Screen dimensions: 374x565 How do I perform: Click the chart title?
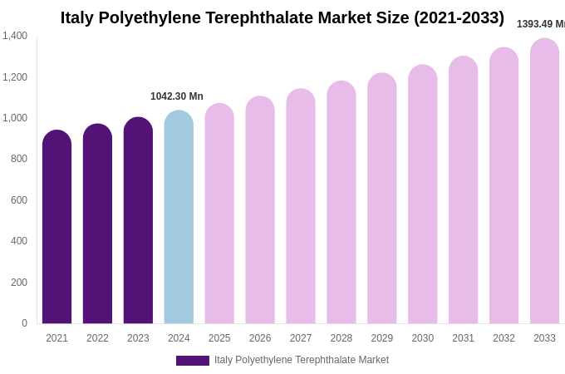pos(282,17)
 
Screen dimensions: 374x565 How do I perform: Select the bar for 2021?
pos(56,229)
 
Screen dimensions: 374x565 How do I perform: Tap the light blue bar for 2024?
pos(179,218)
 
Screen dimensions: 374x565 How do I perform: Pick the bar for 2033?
pos(544,183)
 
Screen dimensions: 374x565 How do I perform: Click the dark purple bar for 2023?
pos(138,221)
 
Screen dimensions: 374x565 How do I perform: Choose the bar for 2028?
pos(341,204)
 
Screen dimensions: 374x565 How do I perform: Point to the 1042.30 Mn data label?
pos(177,96)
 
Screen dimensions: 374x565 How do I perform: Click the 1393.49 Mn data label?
pos(540,24)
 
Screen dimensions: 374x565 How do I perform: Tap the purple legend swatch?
pos(192,361)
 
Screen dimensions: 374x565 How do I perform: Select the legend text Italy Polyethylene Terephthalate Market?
pos(302,360)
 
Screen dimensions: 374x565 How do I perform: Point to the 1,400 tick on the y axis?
pos(15,36)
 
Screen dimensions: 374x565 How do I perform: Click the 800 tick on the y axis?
pos(19,159)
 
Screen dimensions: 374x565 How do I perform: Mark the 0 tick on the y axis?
pos(24,323)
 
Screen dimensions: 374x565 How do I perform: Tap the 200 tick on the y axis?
pos(19,283)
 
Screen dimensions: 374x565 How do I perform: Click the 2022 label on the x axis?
pos(97,338)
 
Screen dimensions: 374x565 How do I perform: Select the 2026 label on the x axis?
pos(260,338)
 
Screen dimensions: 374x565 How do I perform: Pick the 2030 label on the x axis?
pos(422,338)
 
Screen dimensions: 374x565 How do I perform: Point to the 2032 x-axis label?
pos(504,338)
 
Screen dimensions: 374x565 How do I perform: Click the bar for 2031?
pos(463,191)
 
